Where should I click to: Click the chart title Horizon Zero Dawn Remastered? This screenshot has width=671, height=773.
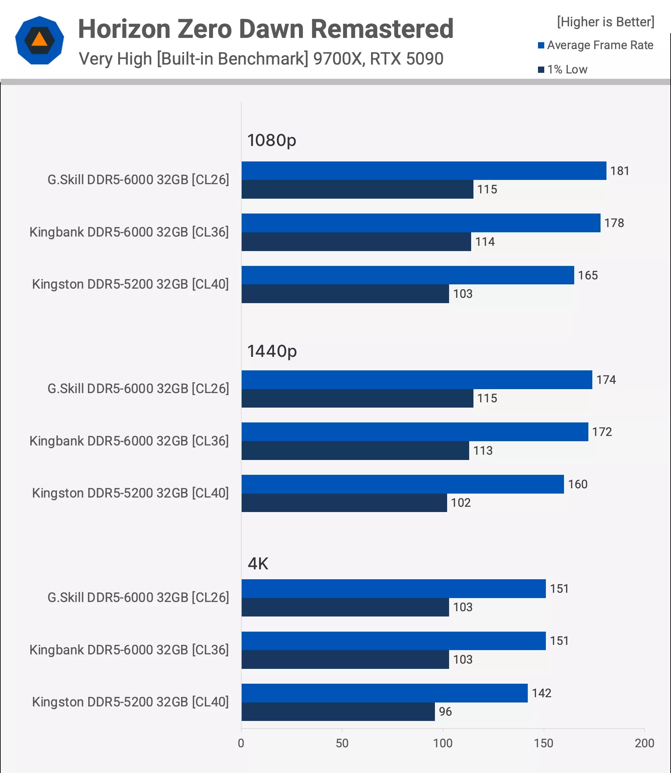265,29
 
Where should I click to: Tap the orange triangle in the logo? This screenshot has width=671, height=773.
39,39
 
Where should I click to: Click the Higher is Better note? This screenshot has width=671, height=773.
605,22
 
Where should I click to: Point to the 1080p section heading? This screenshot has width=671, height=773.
272,140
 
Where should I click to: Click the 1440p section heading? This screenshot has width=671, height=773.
272,351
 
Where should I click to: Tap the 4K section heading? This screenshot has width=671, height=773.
258,563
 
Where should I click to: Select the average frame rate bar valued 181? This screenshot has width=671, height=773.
423,171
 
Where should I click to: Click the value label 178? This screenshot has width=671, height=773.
614,223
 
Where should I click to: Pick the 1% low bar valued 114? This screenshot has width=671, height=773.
356,242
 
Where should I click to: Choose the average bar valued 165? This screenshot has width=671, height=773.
407,275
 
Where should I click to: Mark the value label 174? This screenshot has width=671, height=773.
606,380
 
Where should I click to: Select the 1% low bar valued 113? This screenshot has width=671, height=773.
355,450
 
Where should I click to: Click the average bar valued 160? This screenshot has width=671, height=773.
403,484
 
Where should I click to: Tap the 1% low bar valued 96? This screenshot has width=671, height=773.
338,712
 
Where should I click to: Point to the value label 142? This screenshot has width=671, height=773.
542,693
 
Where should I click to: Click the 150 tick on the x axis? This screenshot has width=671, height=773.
543,743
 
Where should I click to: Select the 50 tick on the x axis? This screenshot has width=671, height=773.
342,743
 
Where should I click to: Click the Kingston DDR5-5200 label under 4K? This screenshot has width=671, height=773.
130,702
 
